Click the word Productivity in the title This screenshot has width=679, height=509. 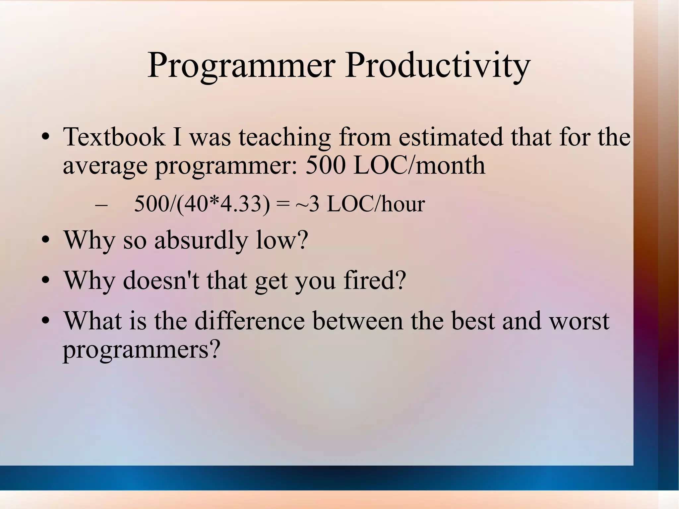[437, 65]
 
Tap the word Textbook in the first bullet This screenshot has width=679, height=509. [114, 137]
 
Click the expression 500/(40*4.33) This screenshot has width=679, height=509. [202, 204]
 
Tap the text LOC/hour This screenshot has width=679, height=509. [376, 204]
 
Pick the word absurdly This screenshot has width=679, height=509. [201, 240]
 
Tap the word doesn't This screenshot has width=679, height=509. [161, 281]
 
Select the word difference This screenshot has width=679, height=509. [249, 321]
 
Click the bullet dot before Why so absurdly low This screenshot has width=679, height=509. [46, 240]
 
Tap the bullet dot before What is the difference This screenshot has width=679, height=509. [46, 321]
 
